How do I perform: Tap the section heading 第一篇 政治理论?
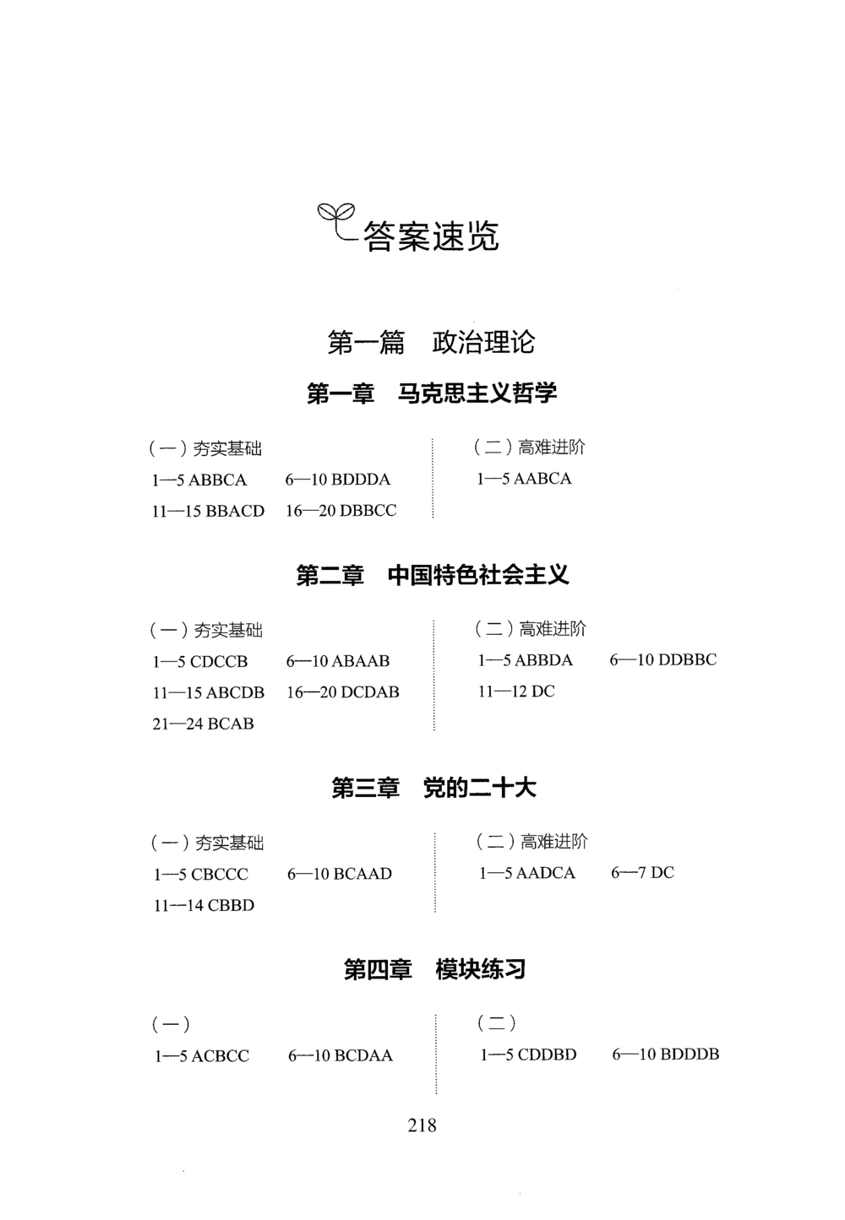coord(431,343)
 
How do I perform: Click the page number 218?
coord(422,1125)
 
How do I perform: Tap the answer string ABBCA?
coord(218,480)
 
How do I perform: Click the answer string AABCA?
coord(542,479)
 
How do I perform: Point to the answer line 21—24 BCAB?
coord(203,724)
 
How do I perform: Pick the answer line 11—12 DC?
coord(516,691)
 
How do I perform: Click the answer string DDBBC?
coord(687,660)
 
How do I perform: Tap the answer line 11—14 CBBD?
coord(204,905)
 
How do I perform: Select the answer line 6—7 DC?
coord(642,873)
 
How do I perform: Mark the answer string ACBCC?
coord(221,1056)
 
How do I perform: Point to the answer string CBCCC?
coord(220,875)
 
